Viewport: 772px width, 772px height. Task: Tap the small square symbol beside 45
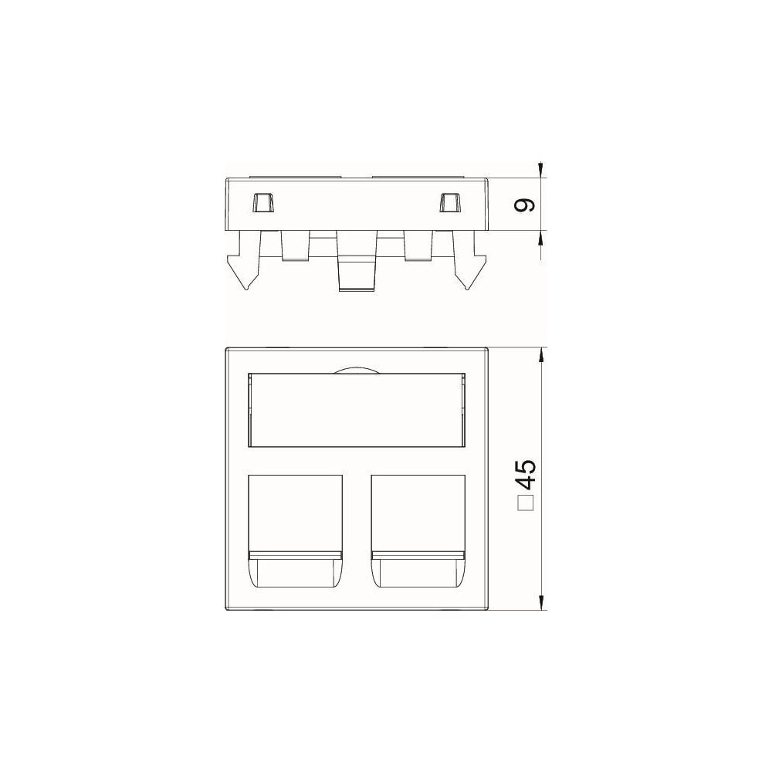pyautogui.click(x=526, y=504)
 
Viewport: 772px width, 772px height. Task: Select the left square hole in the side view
pyautogui.click(x=262, y=201)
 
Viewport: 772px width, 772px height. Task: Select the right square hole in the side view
pyautogui.click(x=450, y=201)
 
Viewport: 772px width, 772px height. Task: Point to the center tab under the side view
pyautogui.click(x=357, y=261)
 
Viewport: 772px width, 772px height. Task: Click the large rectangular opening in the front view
pyautogui.click(x=357, y=410)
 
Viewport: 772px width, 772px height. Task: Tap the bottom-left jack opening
pyautogui.click(x=295, y=531)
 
